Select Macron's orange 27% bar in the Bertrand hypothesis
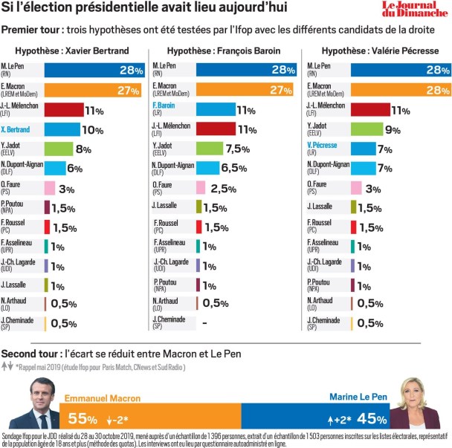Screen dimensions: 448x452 coord(92,91)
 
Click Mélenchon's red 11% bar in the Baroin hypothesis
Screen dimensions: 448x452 coord(216,129)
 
